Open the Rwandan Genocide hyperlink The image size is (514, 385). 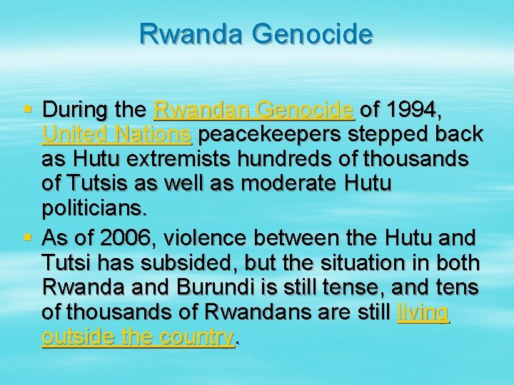pos(253,111)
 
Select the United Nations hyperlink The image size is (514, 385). pos(116,135)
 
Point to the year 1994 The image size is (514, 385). pos(417,111)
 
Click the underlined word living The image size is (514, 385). pos(423,312)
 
